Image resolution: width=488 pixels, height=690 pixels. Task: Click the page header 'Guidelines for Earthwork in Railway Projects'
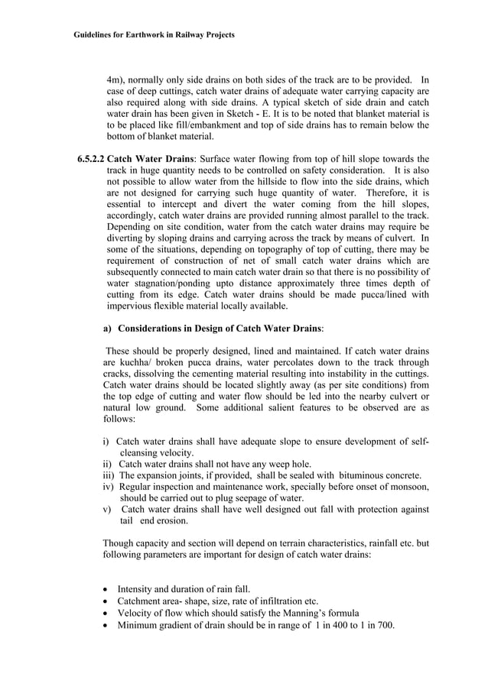pos(154,35)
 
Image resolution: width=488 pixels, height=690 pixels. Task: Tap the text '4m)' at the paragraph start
pos(114,79)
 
